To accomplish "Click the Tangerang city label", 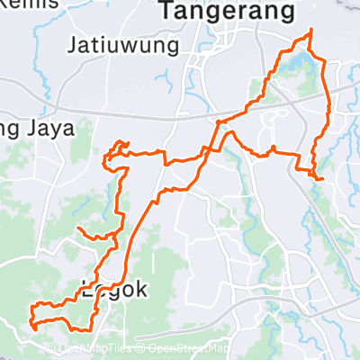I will tap(227, 11).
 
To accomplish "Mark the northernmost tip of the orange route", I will tap(311, 30).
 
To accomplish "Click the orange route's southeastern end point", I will tap(322, 179).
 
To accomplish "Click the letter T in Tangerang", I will tap(168, 11).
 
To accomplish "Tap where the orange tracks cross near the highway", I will tap(219, 121).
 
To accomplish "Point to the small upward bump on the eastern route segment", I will tap(272, 147).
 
